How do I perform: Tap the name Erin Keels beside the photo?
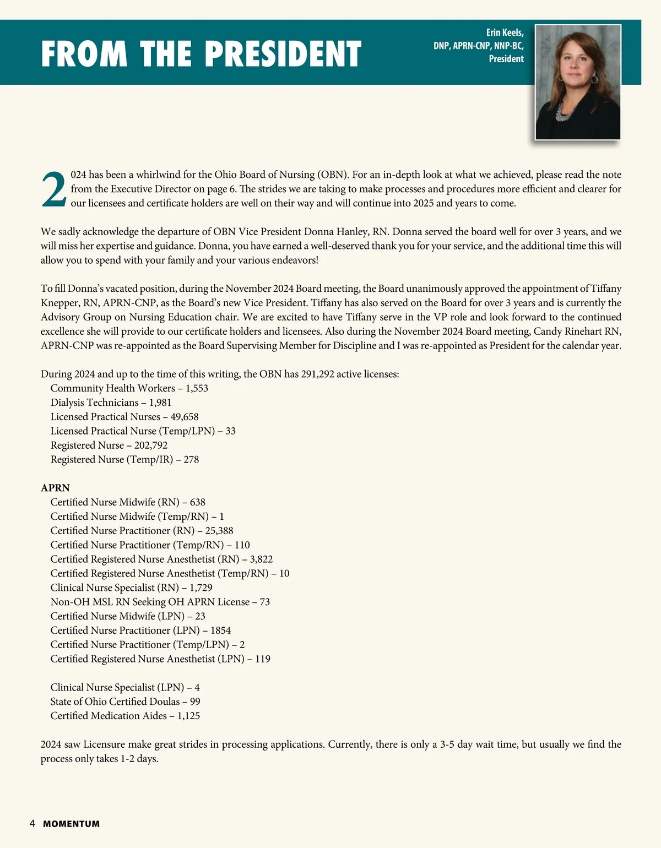(x=505, y=32)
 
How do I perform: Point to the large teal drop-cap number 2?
(x=54, y=190)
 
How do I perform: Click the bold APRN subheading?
(x=55, y=488)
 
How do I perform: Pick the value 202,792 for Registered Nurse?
(x=151, y=445)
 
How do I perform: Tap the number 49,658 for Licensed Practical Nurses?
(x=185, y=417)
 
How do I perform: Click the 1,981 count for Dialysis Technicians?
(x=160, y=403)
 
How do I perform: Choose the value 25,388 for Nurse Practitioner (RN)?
(x=219, y=531)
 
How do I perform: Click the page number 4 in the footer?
(x=32, y=824)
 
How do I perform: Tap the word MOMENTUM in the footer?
(x=72, y=824)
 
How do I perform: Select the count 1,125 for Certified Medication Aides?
(x=188, y=716)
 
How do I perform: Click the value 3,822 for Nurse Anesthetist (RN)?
(x=261, y=559)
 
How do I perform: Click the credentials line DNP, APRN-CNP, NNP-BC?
(x=478, y=46)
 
